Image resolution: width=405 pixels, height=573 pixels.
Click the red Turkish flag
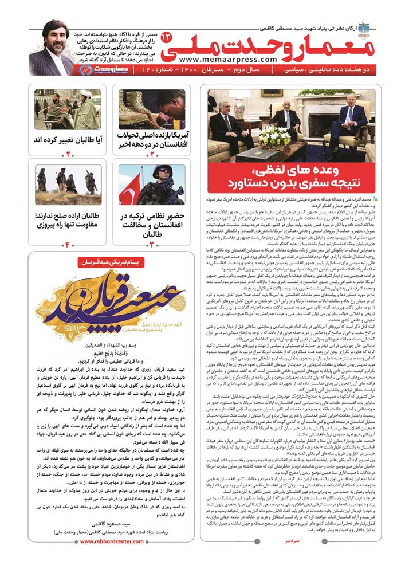130,190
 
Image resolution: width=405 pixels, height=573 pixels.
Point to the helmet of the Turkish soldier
161,172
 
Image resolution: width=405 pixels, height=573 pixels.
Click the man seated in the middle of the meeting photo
287,114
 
